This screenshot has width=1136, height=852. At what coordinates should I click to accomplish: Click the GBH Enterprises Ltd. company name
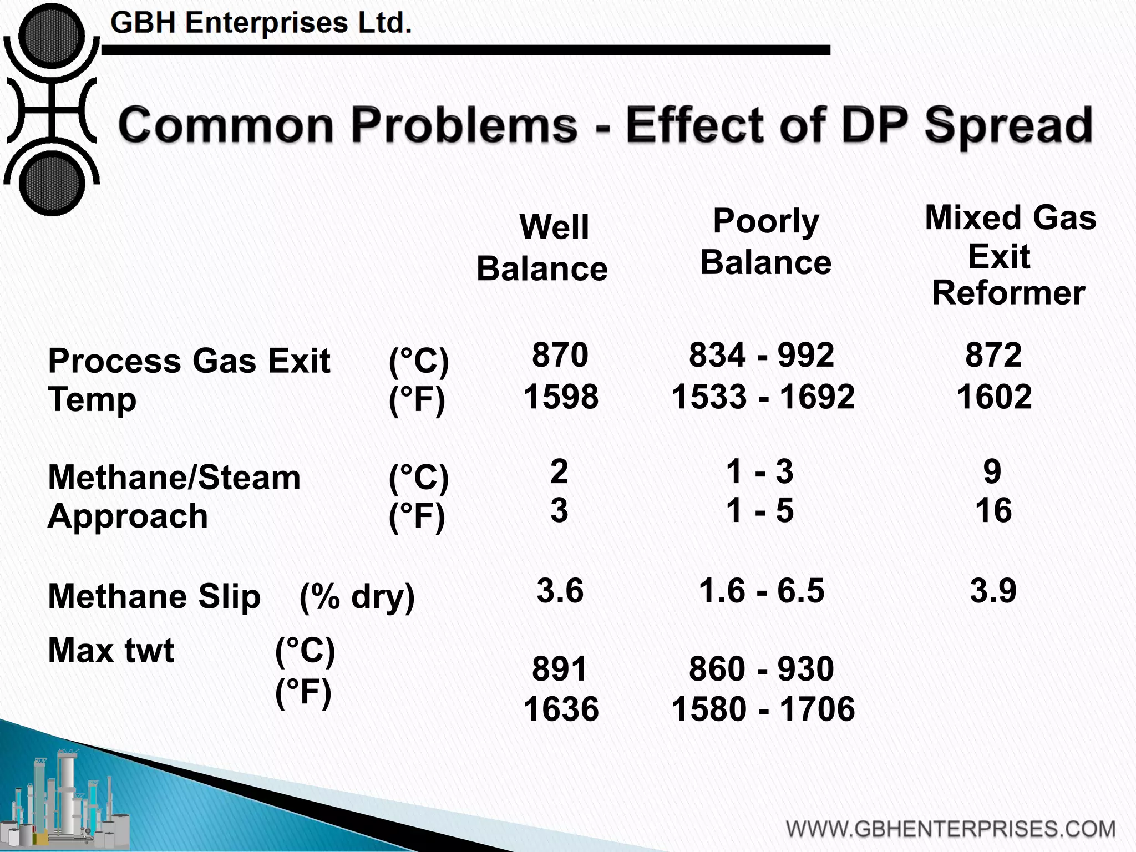[x=261, y=23]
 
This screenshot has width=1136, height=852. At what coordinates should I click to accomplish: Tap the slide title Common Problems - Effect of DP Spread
[x=605, y=125]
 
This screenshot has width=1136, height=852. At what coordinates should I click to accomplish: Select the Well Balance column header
[x=542, y=248]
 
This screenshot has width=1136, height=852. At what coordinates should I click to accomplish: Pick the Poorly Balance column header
[x=765, y=241]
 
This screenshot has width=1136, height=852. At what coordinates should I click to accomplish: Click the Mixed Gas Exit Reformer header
[x=1010, y=255]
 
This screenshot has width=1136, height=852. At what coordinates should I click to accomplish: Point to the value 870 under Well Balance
[x=560, y=355]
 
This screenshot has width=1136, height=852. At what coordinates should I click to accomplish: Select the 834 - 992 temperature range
[x=761, y=355]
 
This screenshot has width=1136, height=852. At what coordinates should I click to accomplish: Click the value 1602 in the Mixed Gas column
[x=994, y=397]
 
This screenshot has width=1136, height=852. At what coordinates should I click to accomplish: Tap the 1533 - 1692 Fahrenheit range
[x=763, y=397]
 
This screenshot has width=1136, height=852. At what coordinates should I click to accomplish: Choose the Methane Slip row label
[x=154, y=597]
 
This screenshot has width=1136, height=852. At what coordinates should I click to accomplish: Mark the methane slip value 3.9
[x=993, y=591]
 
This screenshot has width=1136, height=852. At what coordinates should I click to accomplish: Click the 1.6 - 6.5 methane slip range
[x=761, y=590]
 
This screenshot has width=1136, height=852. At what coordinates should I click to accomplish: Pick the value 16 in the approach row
[x=993, y=511]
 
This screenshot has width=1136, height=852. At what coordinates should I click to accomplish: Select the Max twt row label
[x=111, y=651]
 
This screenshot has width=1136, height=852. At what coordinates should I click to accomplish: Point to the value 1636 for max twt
[x=561, y=709]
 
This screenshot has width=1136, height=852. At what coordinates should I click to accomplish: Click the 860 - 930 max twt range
[x=761, y=669]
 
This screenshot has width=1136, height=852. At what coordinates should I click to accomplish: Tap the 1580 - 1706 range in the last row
[x=763, y=709]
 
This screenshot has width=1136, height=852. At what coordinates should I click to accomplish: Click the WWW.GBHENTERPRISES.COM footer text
[x=951, y=829]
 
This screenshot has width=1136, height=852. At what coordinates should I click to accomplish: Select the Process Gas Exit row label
[x=189, y=362]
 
